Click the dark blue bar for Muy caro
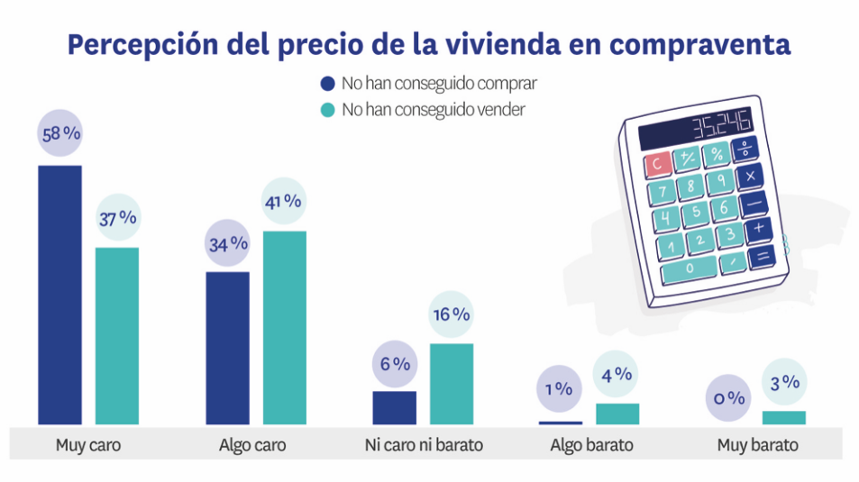(59, 295)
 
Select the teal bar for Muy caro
(117, 335)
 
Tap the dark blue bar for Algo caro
(227, 348)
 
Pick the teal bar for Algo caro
(285, 327)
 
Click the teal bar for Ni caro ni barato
(452, 383)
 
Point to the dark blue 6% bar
(394, 407)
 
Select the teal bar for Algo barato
(617, 414)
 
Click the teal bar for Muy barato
(783, 417)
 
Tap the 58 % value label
(59, 134)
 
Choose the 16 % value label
(452, 314)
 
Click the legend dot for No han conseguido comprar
(328, 84)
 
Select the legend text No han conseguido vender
(433, 109)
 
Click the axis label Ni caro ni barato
(423, 445)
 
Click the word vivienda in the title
(508, 45)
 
